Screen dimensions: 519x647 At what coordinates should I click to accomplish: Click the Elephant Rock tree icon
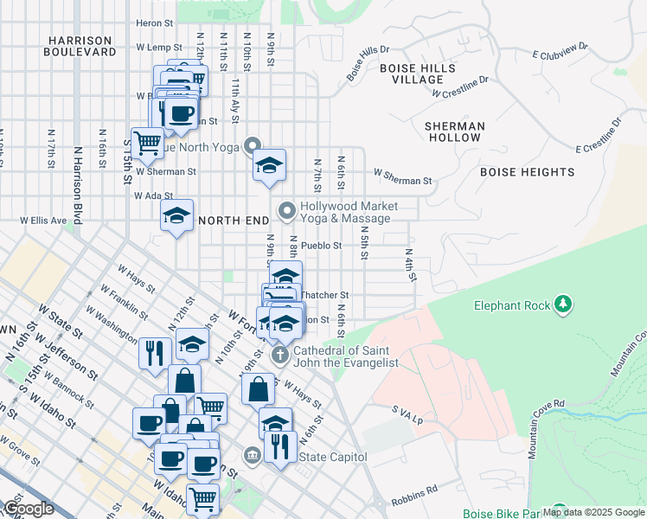[563, 304]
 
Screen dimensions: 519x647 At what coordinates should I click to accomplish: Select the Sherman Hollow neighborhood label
[454, 131]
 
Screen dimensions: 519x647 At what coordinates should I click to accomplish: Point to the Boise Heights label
[528, 172]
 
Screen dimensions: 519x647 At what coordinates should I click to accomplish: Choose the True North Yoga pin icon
[253, 145]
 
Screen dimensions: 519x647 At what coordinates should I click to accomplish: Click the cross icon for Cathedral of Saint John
[279, 355]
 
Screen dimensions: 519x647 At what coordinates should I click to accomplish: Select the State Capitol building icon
[252, 454]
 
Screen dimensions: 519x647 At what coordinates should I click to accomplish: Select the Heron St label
[155, 23]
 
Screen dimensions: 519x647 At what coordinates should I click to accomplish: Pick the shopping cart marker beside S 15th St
[148, 141]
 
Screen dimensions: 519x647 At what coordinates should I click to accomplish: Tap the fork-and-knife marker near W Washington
[153, 352]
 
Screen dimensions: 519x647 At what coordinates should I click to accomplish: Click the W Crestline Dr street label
[460, 86]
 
